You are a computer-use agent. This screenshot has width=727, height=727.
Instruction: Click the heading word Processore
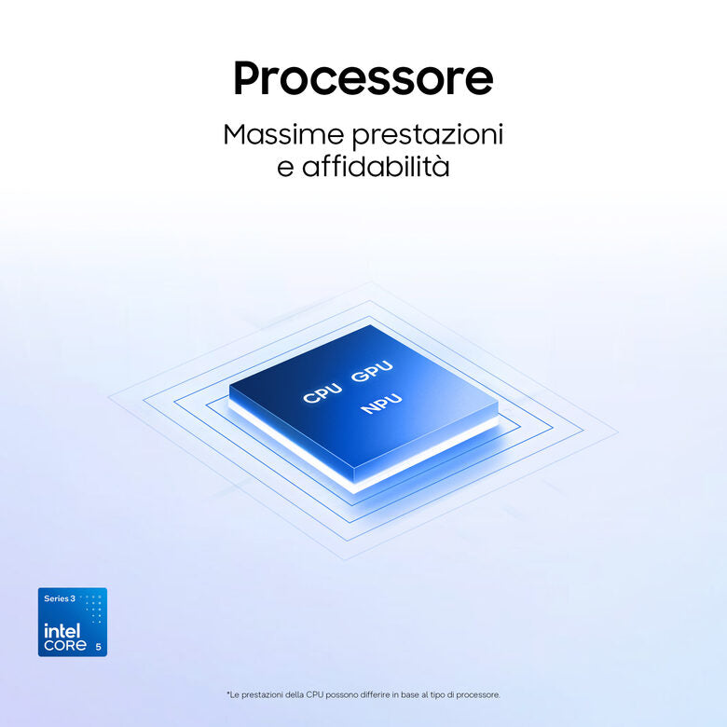click(363, 78)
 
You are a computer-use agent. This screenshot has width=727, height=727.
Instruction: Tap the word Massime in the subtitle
click(283, 134)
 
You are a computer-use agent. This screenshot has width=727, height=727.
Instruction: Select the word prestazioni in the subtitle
click(428, 136)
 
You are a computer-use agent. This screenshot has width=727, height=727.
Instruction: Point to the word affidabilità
click(376, 167)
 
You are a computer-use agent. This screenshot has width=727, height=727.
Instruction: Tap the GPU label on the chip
click(371, 371)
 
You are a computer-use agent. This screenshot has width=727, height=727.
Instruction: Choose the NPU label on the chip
click(381, 403)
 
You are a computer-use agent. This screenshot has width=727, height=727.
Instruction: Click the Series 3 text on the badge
click(60, 598)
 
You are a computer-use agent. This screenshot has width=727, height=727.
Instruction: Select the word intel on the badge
click(62, 631)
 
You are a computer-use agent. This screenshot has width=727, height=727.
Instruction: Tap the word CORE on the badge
click(65, 645)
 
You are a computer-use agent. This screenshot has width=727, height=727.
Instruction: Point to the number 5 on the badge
click(98, 647)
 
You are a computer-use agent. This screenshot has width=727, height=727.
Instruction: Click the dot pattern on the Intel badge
click(92, 609)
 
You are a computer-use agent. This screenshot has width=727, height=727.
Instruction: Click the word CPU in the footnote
click(311, 694)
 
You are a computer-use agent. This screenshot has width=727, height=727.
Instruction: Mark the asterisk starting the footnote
click(228, 693)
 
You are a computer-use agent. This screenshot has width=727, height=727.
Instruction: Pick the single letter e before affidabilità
click(285, 170)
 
